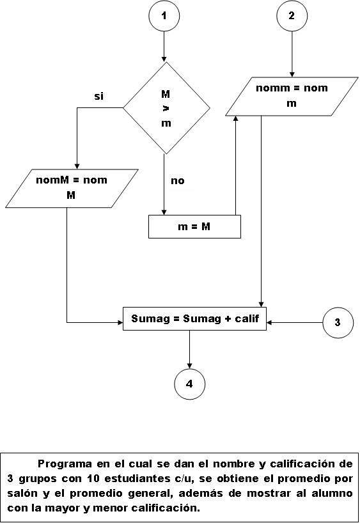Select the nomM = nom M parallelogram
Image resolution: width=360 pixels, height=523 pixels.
coord(72,189)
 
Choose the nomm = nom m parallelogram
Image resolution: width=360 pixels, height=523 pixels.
coord(292,97)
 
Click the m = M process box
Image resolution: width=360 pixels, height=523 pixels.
coord(194,226)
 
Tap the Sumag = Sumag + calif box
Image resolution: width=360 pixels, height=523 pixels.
coord(194,318)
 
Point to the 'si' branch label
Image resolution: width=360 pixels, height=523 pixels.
coord(98,97)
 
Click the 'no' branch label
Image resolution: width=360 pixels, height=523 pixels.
coord(178,181)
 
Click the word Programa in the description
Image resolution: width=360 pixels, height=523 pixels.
coord(65,464)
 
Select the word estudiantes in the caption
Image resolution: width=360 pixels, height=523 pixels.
coord(136,479)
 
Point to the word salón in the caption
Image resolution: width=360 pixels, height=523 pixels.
coord(22,494)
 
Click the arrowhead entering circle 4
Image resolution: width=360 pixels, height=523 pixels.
coord(189,366)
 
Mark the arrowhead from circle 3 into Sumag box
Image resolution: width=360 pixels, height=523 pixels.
coord(269,322)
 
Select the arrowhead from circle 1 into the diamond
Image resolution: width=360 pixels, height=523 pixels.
coord(164,59)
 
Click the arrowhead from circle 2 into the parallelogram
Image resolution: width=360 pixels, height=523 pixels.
coord(292,74)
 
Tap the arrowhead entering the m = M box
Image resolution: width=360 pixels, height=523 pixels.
coord(164,212)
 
